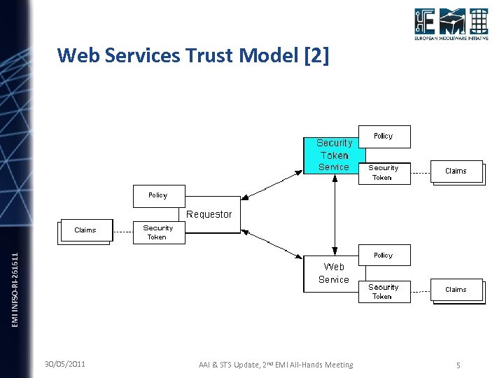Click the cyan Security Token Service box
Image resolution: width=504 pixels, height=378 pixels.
334,155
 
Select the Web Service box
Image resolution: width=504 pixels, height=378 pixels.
334,273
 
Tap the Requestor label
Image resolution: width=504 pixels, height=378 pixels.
209,214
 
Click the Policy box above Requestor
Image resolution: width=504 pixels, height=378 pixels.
158,195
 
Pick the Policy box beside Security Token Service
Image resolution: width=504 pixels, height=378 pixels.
384,136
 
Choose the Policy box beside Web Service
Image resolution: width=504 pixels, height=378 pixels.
384,255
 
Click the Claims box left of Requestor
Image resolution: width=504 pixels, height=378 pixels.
85,230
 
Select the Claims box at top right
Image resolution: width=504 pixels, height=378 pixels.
456,171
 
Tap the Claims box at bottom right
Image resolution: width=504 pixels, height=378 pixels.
456,290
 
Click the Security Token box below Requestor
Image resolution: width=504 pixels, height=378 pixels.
158,232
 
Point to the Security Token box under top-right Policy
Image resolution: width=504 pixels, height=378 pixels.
384,172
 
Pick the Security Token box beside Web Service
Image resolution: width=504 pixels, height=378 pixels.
384,291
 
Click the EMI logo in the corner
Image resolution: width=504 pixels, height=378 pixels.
450,27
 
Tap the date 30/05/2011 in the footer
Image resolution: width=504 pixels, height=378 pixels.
65,364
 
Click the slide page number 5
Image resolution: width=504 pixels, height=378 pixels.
458,365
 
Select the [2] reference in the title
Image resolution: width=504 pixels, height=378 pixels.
316,55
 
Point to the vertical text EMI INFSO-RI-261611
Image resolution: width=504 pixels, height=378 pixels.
16,288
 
